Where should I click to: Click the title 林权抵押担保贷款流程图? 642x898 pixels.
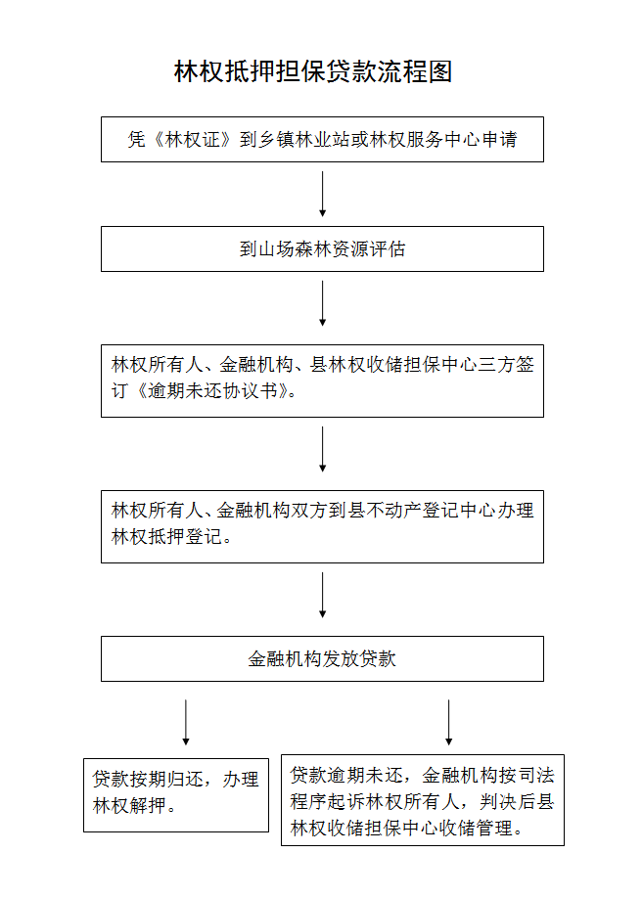[x=313, y=71]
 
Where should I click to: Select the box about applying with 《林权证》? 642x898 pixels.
[x=322, y=139]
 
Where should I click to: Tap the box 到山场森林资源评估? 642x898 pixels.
[x=322, y=248]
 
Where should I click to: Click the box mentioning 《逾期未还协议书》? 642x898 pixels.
[x=322, y=381]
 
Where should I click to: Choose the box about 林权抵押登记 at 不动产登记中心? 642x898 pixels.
[x=322, y=526]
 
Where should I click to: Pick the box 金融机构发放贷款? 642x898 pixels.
[x=322, y=658]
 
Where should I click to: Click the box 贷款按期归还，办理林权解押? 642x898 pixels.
[x=176, y=795]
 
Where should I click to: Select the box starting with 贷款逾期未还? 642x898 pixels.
[x=423, y=800]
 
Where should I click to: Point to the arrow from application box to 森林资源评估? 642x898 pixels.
[x=323, y=194]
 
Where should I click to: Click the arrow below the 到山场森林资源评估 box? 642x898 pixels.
[x=323, y=303]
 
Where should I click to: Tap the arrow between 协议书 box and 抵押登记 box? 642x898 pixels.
[x=323, y=449]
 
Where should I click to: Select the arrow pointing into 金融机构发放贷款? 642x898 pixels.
[x=323, y=595]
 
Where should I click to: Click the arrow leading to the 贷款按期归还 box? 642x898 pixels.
[x=186, y=722]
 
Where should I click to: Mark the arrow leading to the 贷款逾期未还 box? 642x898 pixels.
[x=449, y=722]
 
